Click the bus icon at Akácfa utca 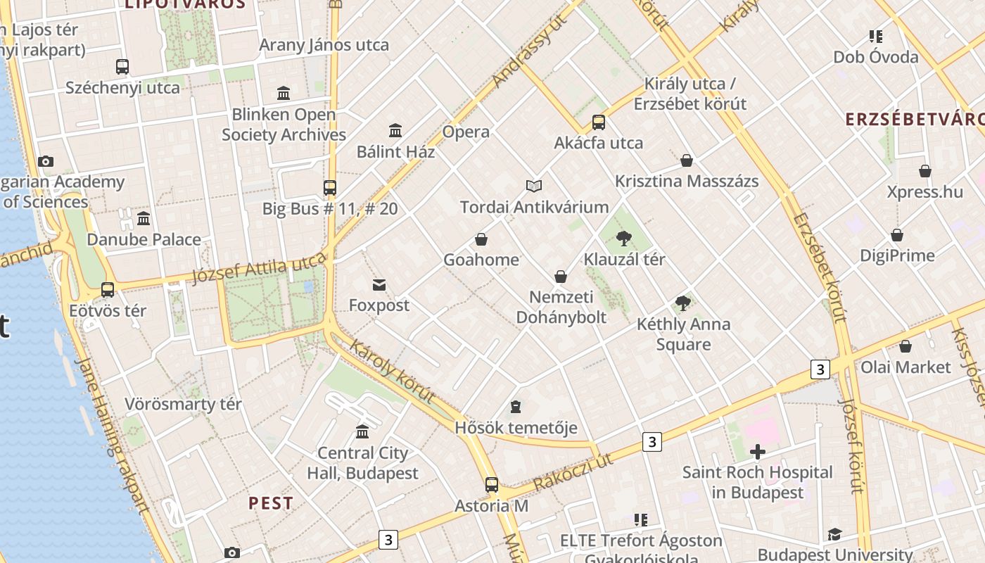[599, 122]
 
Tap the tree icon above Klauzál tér [623, 239]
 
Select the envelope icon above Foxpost [379, 285]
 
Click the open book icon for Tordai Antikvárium [534, 186]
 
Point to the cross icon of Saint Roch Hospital [757, 451]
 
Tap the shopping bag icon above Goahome [481, 239]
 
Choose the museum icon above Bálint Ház [395, 131]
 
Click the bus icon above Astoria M [491, 485]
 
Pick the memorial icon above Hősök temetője [516, 407]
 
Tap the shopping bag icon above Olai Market [905, 346]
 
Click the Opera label [466, 132]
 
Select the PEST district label [271, 503]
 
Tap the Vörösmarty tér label [183, 404]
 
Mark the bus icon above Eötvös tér [108, 290]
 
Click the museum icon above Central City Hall [362, 432]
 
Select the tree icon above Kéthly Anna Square [682, 303]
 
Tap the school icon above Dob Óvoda [876, 37]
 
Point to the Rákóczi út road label [573, 472]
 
